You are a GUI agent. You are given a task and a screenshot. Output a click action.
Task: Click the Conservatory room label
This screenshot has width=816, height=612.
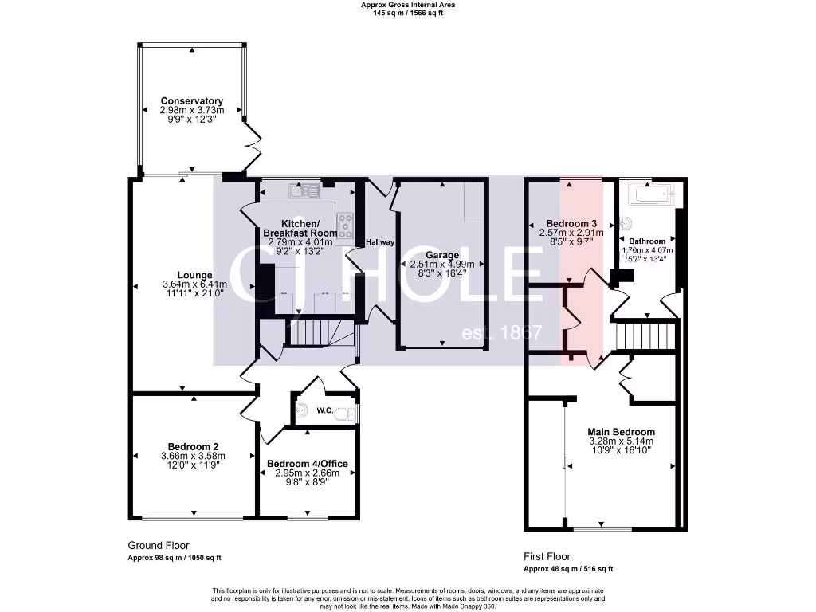coord(191,101)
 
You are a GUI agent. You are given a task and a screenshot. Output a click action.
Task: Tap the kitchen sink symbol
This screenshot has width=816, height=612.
coord(300,191)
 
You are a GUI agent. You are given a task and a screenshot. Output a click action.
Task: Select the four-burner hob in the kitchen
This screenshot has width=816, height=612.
coord(345,226)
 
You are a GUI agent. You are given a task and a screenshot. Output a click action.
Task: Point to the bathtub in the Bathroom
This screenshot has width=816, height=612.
coord(651,194)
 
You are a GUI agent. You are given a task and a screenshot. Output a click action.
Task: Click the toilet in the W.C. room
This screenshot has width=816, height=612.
coord(344,413)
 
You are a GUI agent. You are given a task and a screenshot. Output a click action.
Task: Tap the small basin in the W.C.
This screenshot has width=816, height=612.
coord(300,410)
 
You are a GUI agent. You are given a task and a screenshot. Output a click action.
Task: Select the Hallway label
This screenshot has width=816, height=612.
coord(380,242)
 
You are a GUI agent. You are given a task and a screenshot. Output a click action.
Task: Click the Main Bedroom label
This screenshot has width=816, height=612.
coord(621,431)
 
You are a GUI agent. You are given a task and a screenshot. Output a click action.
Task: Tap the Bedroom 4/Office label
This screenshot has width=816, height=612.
coord(307,464)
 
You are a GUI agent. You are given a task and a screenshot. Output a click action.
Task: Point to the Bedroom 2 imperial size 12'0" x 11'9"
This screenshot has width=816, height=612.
coord(194,465)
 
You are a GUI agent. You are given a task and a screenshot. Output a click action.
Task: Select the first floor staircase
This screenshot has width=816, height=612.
coord(645,335)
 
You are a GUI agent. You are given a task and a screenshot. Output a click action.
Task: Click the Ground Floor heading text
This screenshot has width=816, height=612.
coord(159,546)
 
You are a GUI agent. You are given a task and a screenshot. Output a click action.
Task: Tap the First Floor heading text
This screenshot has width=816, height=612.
coord(547,556)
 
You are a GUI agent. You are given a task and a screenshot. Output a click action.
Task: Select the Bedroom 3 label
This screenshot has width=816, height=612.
coord(571,223)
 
